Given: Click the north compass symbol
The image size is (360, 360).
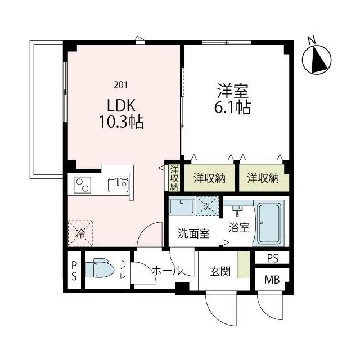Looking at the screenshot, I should tap(317, 58).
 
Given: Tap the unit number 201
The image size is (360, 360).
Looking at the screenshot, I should tap(120, 85).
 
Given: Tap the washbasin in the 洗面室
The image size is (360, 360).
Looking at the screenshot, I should tap(181, 205).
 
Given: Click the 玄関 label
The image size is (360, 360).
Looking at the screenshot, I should tap(219, 271).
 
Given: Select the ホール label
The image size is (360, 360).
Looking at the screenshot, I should tap(167, 271).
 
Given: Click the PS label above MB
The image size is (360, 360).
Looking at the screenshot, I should tap(272, 258).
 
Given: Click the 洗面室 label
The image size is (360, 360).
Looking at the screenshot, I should tap(193, 233).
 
